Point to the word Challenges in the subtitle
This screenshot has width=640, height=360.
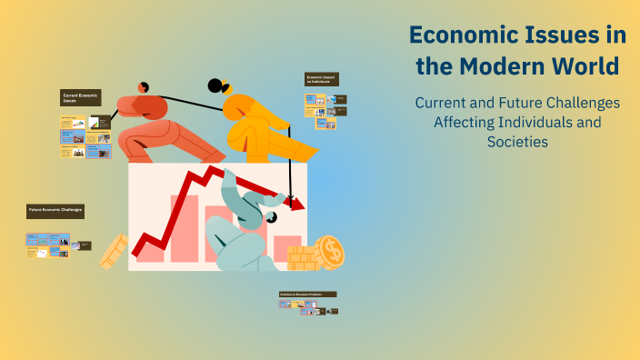pos(578,103)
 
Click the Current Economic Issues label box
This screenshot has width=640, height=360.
pos(80,98)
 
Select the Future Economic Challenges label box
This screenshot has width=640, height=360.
pos(55,210)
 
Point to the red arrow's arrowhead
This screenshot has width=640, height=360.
pos(295,204)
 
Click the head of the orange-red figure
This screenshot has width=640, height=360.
pos(143,87)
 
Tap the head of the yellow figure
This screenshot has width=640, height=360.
pos(215,86)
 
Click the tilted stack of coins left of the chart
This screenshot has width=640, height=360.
pos(113,251)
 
